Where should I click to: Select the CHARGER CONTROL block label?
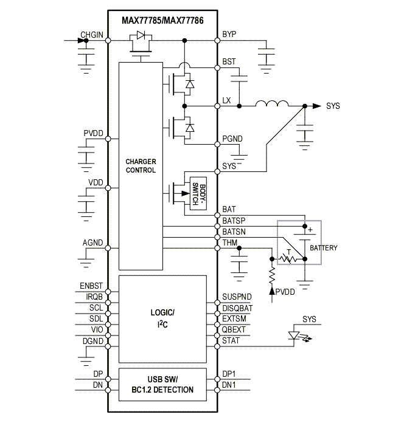(x=141, y=166)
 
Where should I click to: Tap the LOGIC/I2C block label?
(x=162, y=317)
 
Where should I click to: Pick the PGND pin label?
(x=232, y=139)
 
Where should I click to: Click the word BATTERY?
(x=324, y=248)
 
